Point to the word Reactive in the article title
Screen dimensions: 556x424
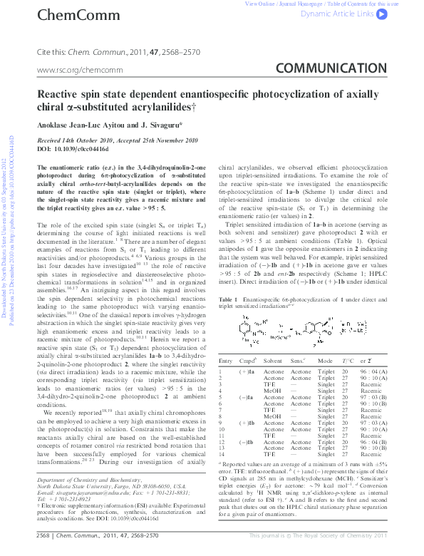[x=100, y=94]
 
